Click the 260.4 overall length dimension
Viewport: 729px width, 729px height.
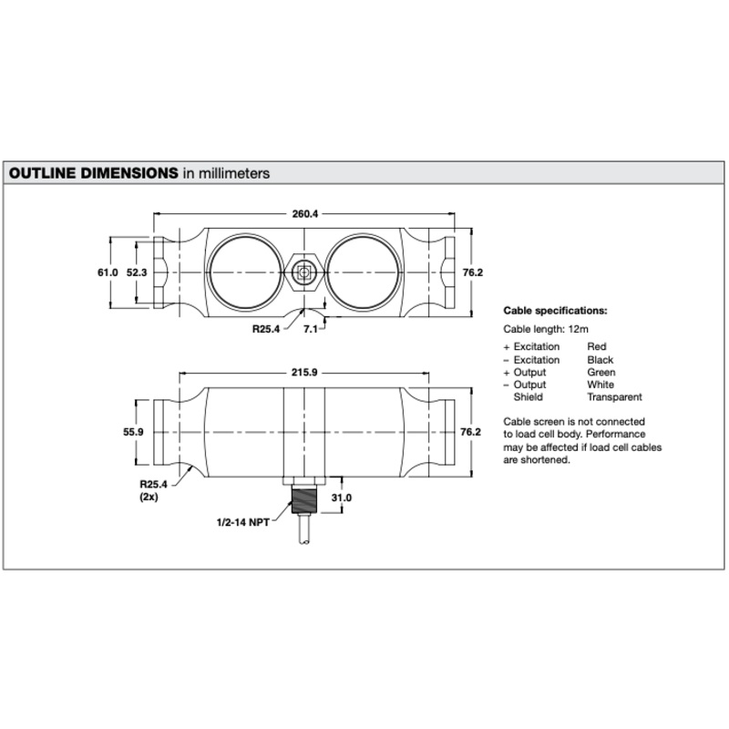coord(305,214)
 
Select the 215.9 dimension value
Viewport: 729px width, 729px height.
coord(304,373)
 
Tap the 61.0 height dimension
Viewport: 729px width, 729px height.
coord(108,272)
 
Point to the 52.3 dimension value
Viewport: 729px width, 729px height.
coord(137,272)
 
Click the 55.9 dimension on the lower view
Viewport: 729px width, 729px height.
coord(133,432)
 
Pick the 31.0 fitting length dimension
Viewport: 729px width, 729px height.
coord(341,498)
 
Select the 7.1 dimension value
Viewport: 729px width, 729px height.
coord(311,329)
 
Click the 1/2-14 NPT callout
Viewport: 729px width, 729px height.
coord(243,522)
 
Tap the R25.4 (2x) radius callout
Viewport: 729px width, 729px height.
coord(153,490)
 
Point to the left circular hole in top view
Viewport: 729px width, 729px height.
coord(245,272)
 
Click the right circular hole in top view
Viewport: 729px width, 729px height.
coord(363,272)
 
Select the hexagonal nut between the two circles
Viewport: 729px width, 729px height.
coord(304,272)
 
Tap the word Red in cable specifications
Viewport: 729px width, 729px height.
coord(597,346)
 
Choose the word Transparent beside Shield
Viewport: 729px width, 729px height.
coord(614,397)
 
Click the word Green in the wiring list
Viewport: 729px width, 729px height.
coord(601,373)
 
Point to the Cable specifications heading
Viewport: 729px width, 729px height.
coord(555,311)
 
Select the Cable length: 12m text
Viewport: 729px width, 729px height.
coord(546,329)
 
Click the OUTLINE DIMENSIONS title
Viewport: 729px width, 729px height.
coord(94,173)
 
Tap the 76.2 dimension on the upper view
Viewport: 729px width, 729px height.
coord(473,272)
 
